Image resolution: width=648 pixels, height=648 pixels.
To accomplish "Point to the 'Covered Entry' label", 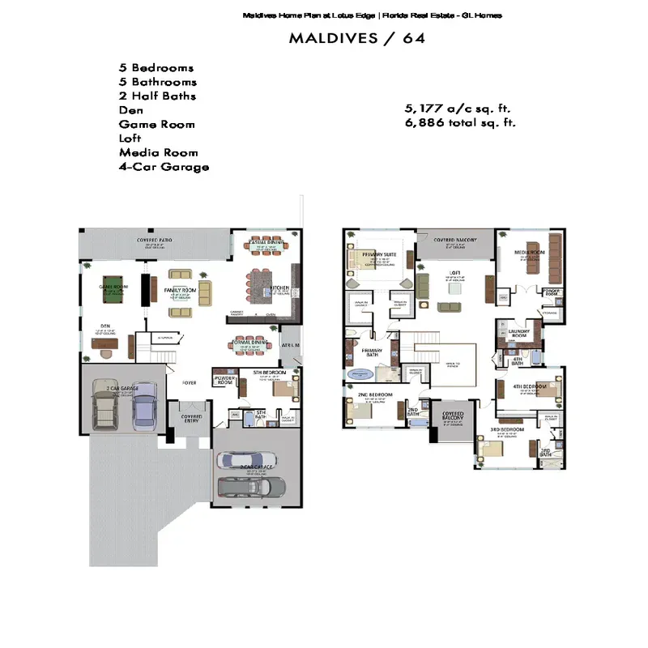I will [x=191, y=417].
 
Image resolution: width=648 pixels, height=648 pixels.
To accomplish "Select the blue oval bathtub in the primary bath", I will [x=360, y=374].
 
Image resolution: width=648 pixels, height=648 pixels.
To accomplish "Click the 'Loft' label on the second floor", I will [x=454, y=272].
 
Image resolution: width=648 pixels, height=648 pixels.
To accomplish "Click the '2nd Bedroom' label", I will [x=376, y=394].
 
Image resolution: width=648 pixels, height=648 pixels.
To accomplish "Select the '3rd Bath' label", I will [x=546, y=454].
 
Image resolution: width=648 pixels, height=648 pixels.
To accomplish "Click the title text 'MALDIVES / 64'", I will [x=356, y=38].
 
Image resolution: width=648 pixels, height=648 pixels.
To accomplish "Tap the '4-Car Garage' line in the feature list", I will [x=164, y=167].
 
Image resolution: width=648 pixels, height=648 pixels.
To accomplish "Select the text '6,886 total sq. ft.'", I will [x=460, y=123].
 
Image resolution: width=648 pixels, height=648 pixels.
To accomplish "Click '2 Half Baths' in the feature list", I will [x=157, y=96].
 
